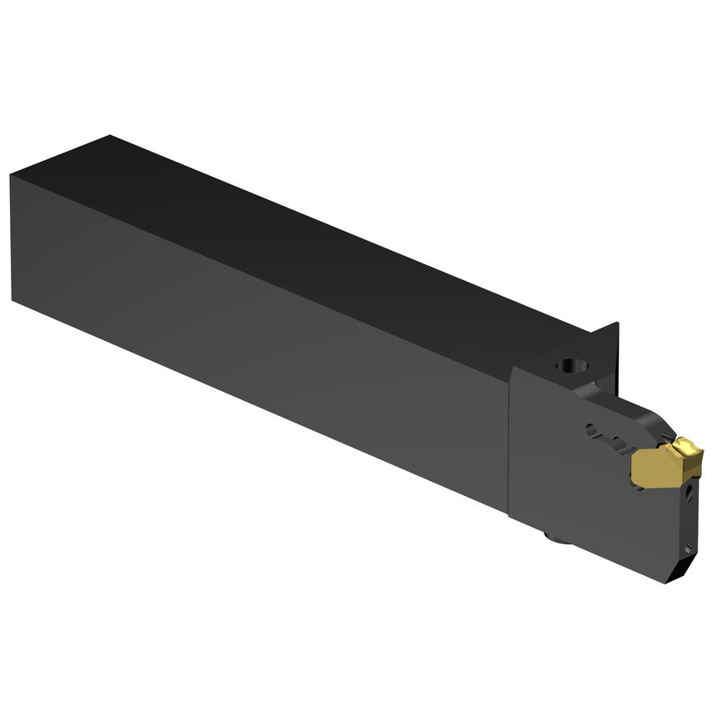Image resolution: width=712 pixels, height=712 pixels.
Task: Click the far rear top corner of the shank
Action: tap(110, 135)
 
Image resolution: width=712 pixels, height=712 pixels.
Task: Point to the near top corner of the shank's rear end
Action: tap(12, 174)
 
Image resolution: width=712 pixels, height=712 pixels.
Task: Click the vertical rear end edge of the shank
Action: tap(12, 238)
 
